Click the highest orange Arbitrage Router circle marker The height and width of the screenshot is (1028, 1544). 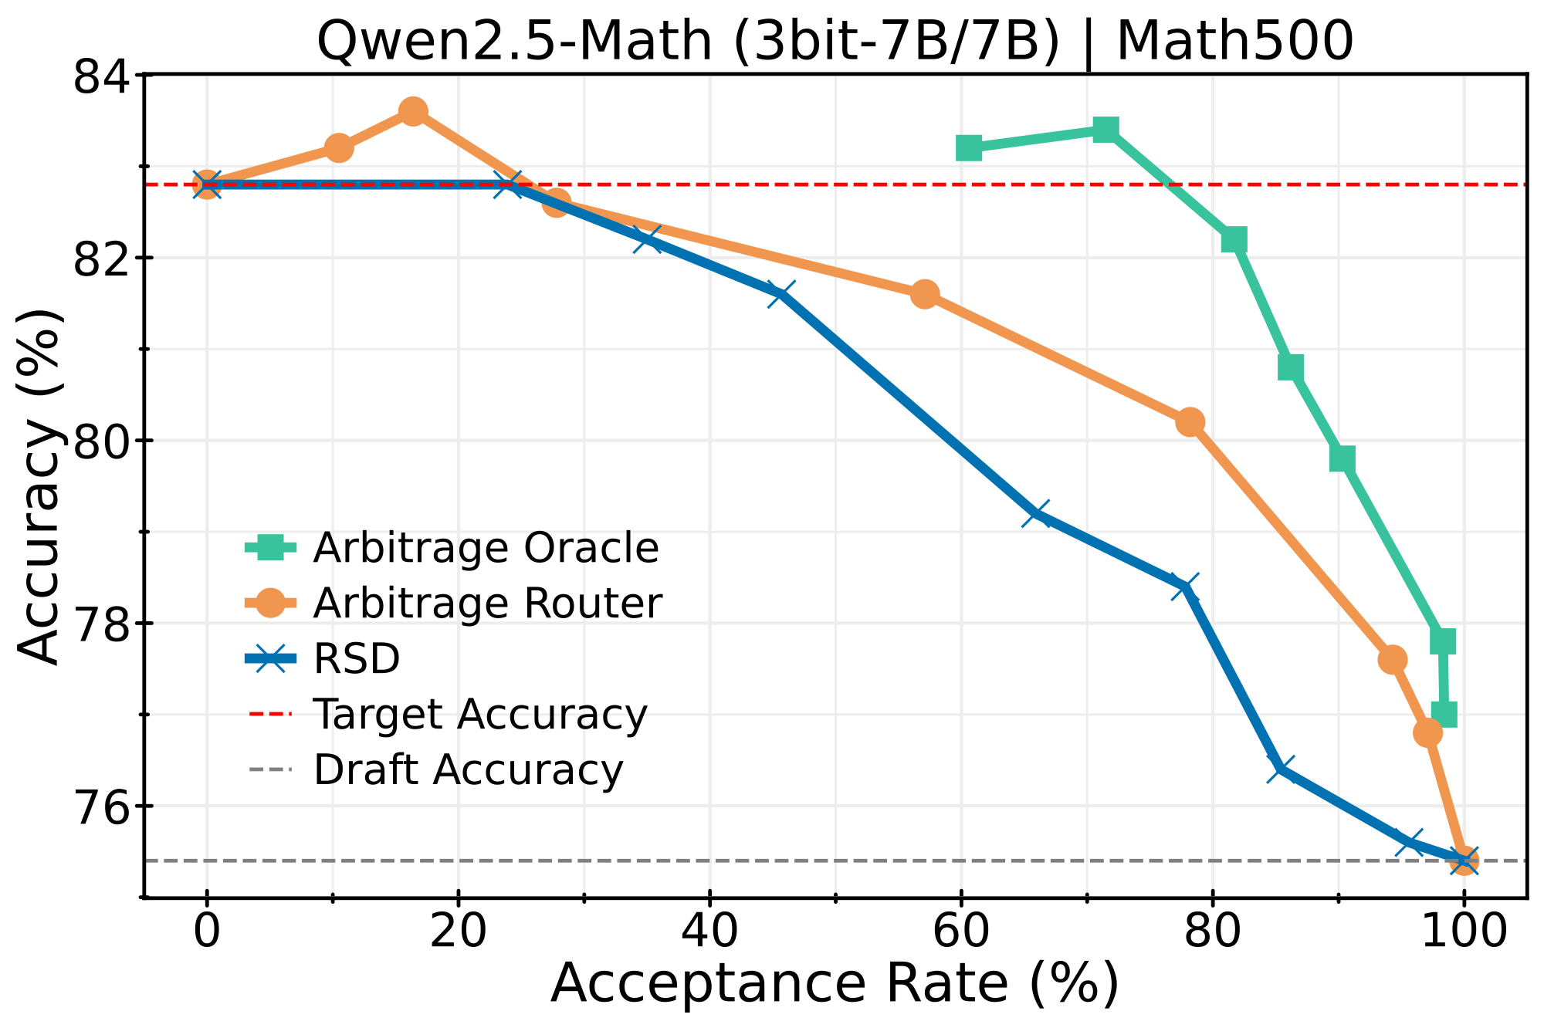pyautogui.click(x=413, y=111)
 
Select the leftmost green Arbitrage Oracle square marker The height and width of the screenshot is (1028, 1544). pyautogui.click(x=969, y=147)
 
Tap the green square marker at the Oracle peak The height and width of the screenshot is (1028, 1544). pyautogui.click(x=1106, y=130)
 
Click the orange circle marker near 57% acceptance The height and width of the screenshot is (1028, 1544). pyautogui.click(x=925, y=294)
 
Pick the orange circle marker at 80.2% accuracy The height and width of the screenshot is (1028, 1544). pyautogui.click(x=1190, y=422)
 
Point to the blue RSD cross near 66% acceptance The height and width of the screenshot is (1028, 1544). pyautogui.click(x=1036, y=513)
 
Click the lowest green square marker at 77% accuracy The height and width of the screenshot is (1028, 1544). pyautogui.click(x=1444, y=714)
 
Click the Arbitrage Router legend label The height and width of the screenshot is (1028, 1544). pyautogui.click(x=487, y=604)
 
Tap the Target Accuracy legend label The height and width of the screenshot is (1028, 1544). pyautogui.click(x=479, y=714)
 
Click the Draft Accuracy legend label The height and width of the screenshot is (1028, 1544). pyautogui.click(x=467, y=769)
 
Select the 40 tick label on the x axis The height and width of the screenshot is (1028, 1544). pyautogui.click(x=709, y=932)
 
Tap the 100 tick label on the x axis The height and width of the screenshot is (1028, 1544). pyautogui.click(x=1463, y=932)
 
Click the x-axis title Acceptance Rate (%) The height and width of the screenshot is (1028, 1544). pyautogui.click(x=835, y=984)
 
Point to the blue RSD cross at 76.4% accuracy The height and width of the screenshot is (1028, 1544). pyautogui.click(x=1282, y=769)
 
